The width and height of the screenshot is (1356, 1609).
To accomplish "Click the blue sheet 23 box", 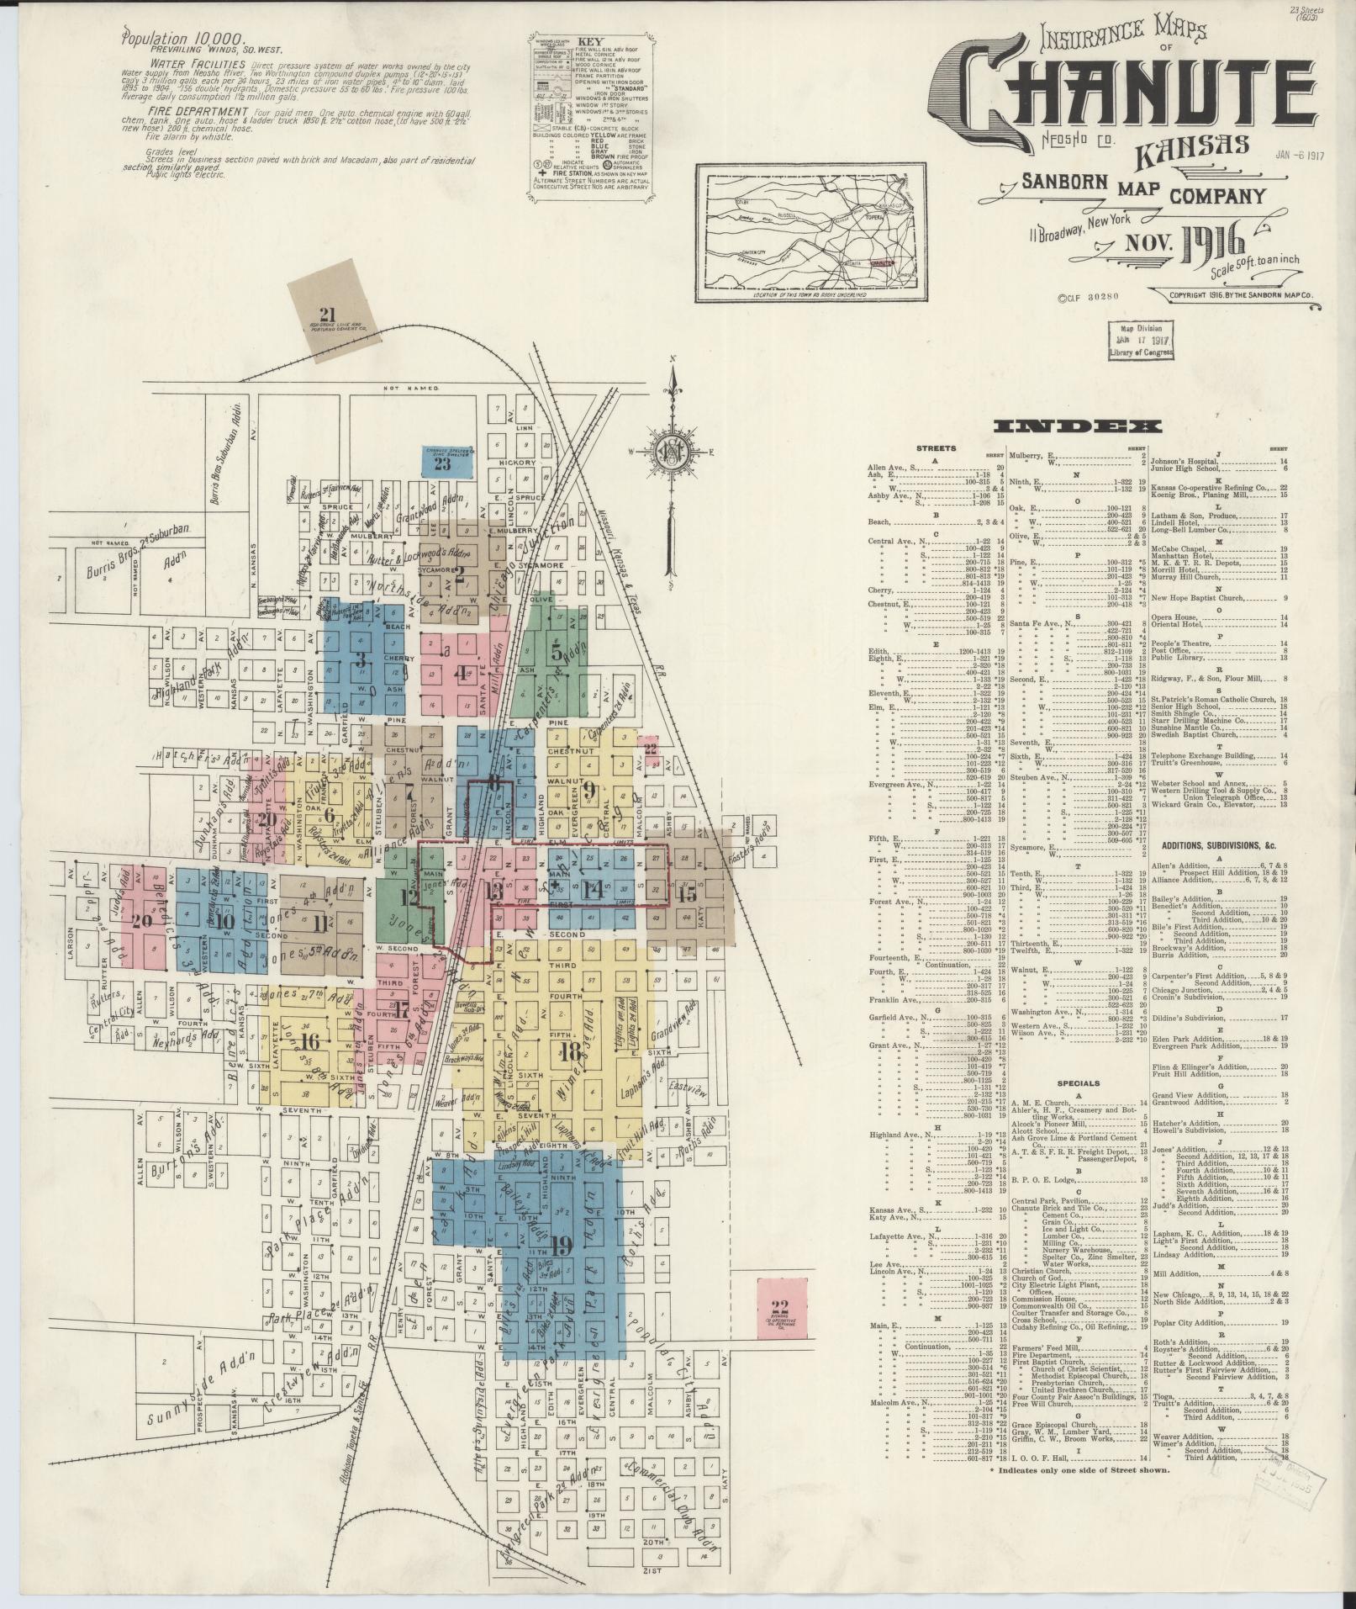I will pyautogui.click(x=443, y=462).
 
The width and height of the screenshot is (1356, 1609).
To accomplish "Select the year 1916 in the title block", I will pyautogui.click(x=1211, y=245).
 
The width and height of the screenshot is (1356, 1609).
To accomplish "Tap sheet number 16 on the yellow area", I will pyautogui.click(x=310, y=1041).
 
